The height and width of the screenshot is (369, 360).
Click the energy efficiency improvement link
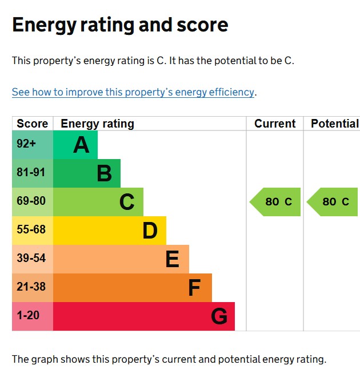tap(133, 92)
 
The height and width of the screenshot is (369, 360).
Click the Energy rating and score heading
tap(120, 25)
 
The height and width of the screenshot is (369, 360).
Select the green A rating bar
tap(75, 145)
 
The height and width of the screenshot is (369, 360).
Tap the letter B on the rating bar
tap(104, 173)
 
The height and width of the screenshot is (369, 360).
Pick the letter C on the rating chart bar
tap(127, 202)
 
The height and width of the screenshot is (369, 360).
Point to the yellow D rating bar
tap(109, 231)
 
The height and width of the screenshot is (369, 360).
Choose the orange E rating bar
tap(121, 259)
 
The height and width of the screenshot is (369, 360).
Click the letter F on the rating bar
tap(194, 288)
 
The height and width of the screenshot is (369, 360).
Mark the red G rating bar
tap(143, 316)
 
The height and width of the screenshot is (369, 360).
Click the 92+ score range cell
tap(33, 145)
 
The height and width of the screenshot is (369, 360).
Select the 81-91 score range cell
tap(33, 173)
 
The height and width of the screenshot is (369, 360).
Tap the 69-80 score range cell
tap(33, 202)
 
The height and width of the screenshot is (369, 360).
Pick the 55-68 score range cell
tap(33, 231)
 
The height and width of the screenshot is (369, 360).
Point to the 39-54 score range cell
tap(33, 259)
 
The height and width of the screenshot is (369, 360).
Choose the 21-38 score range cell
tap(33, 288)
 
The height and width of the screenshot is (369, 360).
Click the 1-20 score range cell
tap(33, 316)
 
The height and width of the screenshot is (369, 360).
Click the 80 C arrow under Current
tap(276, 202)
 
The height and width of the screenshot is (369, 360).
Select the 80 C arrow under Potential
tap(333, 202)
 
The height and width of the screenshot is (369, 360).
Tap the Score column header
tap(33, 124)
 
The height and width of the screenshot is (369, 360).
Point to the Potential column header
tap(334, 124)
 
